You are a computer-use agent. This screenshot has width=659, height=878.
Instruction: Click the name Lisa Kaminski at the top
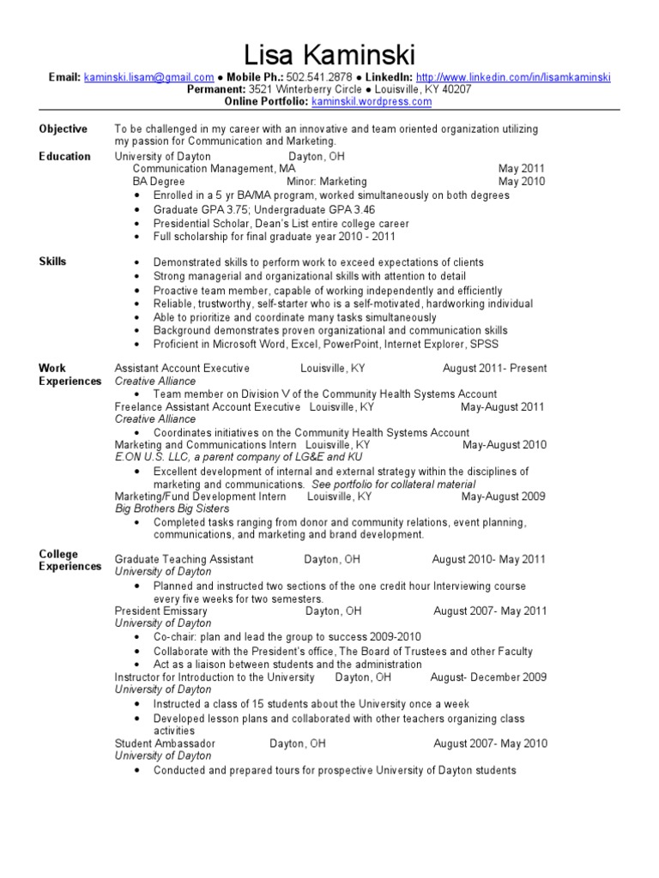point(329,57)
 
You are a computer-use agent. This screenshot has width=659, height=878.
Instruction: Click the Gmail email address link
point(148,77)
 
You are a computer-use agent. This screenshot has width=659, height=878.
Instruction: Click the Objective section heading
point(63,129)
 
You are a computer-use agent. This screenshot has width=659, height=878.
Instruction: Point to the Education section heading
point(64,156)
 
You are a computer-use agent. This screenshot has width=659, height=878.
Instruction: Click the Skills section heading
point(52,262)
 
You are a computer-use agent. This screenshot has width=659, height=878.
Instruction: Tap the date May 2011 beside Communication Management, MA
point(521,169)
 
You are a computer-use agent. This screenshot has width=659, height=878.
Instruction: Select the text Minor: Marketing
point(326,182)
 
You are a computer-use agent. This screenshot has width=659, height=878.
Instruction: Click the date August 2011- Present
point(494,369)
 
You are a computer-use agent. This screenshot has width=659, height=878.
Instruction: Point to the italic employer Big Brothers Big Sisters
point(172,508)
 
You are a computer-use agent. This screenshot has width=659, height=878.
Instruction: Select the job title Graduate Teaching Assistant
point(184,560)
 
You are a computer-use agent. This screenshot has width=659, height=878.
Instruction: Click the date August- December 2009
point(488,677)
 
